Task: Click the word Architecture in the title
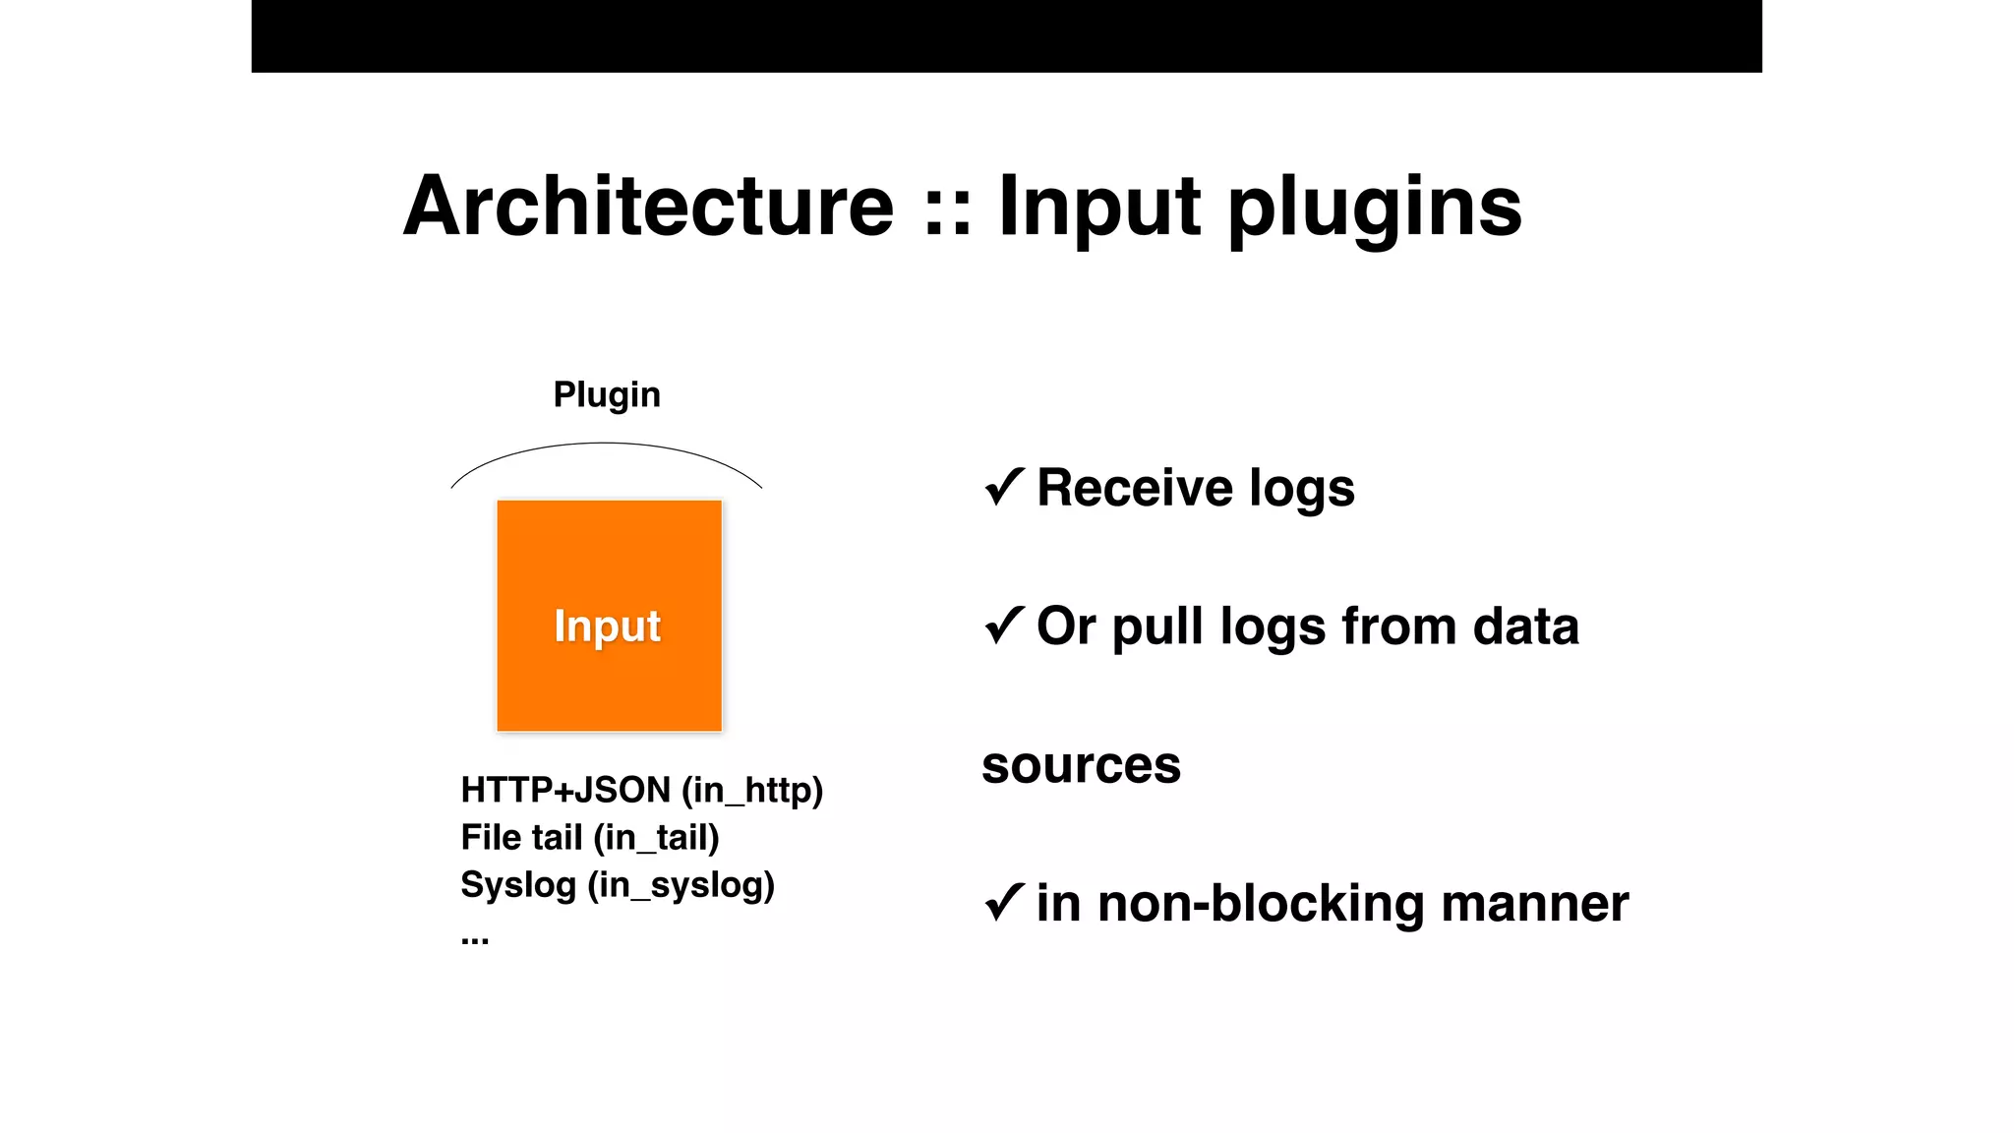pyautogui.click(x=649, y=207)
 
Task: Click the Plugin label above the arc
pyautogui.click(x=607, y=394)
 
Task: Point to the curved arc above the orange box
pyautogui.click(x=606, y=445)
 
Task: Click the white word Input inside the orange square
pyautogui.click(x=607, y=626)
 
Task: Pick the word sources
pyautogui.click(x=1081, y=765)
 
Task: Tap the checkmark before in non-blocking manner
pyautogui.click(x=1004, y=902)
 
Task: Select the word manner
pyautogui.click(x=1534, y=903)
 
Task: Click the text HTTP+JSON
pyautogui.click(x=565, y=790)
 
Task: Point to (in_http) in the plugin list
pyautogui.click(x=752, y=790)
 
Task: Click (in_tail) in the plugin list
pyautogui.click(x=656, y=838)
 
